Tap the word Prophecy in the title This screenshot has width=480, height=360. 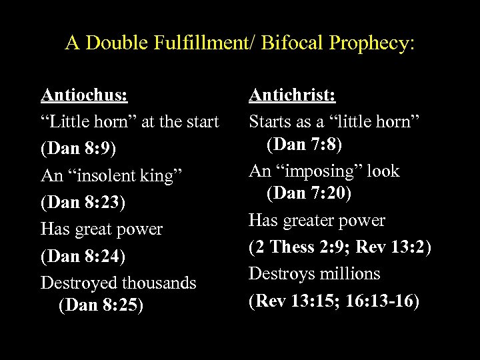(x=375, y=44)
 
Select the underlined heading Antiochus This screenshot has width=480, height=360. (x=84, y=95)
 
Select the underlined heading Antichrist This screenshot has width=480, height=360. (x=292, y=95)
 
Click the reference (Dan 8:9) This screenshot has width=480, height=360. (x=79, y=148)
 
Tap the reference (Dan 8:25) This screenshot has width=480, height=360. (x=101, y=306)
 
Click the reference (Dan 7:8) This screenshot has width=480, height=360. (x=309, y=143)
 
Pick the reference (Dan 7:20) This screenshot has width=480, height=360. (x=313, y=194)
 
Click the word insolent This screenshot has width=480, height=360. (x=109, y=175)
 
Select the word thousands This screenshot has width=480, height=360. (x=164, y=283)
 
